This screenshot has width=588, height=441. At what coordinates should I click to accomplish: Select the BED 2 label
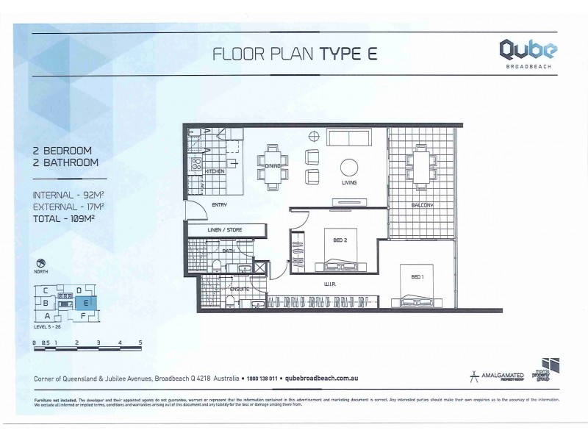coord(330,240)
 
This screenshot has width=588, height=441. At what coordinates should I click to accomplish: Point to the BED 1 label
coord(417,277)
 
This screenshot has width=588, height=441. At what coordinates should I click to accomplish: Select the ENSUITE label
coord(240,289)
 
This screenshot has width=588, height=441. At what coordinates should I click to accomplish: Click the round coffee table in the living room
coord(348,166)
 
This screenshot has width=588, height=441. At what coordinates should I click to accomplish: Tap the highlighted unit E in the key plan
coord(86,302)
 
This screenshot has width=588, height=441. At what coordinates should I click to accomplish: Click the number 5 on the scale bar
coord(140,343)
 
